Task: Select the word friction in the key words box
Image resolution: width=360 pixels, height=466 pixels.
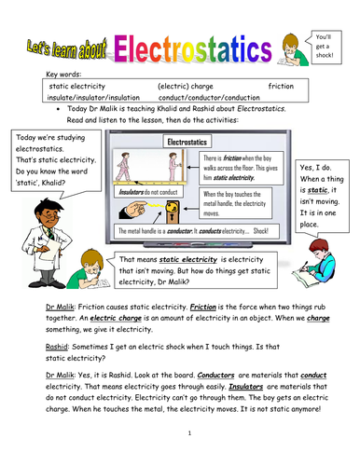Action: (x=280, y=85)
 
